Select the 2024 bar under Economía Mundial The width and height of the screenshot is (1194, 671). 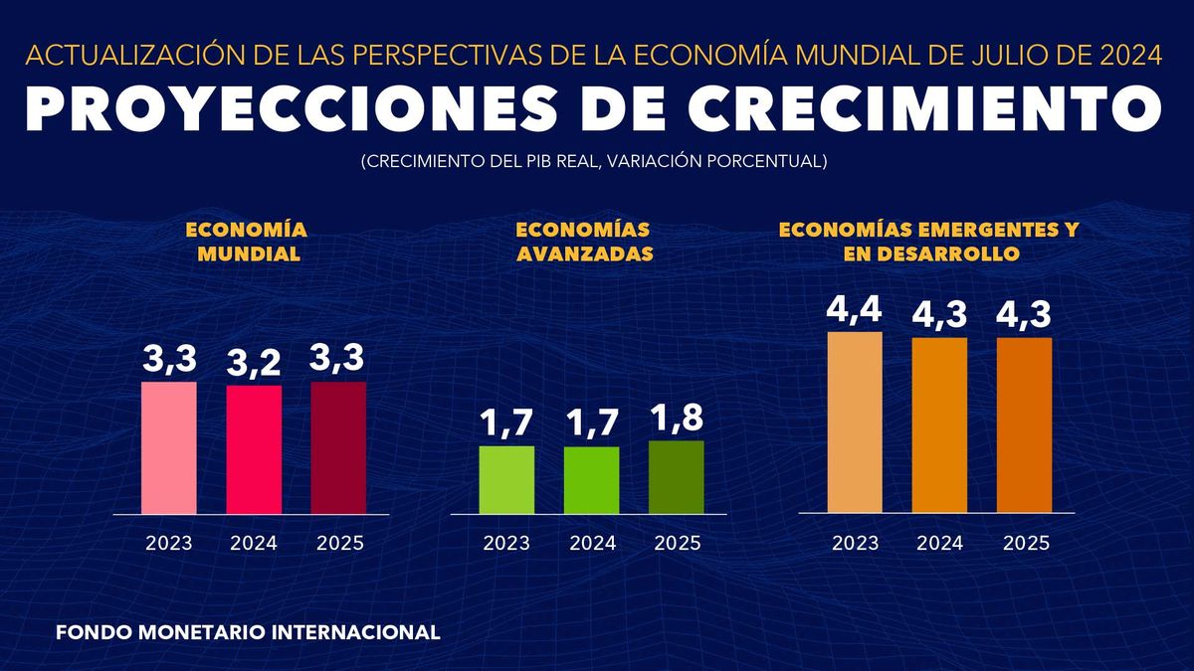[254, 449]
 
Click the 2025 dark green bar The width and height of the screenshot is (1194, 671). [676, 477]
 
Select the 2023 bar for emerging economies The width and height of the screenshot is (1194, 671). [855, 421]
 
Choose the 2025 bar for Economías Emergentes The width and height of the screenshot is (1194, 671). [1024, 424]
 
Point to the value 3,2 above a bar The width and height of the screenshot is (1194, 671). [254, 365]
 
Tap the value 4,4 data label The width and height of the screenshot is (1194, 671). [855, 310]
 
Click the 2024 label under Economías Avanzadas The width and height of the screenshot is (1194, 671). [592, 544]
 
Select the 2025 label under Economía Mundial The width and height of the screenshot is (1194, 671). [339, 544]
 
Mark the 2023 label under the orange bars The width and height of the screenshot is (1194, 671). [855, 544]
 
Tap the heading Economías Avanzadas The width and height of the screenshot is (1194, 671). [584, 242]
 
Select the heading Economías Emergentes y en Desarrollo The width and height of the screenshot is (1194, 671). [928, 242]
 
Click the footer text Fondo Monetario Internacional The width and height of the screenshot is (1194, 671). [248, 631]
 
